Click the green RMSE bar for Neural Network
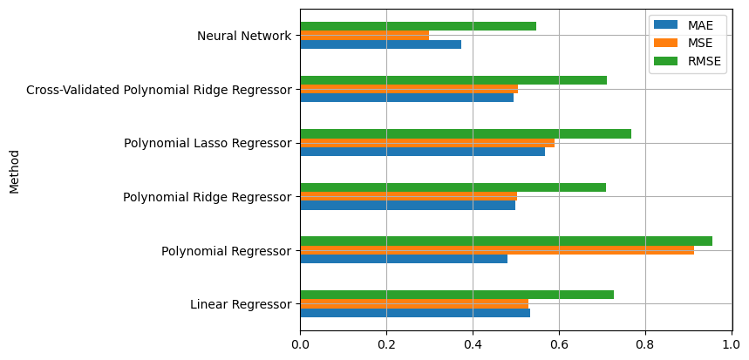pyautogui.click(x=418, y=26)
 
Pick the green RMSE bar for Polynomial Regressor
pyautogui.click(x=506, y=241)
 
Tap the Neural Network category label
pyautogui.click(x=244, y=36)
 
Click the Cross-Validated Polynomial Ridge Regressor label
pyautogui.click(x=159, y=90)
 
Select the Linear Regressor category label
pyautogui.click(x=241, y=304)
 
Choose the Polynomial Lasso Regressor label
pyautogui.click(x=208, y=143)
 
